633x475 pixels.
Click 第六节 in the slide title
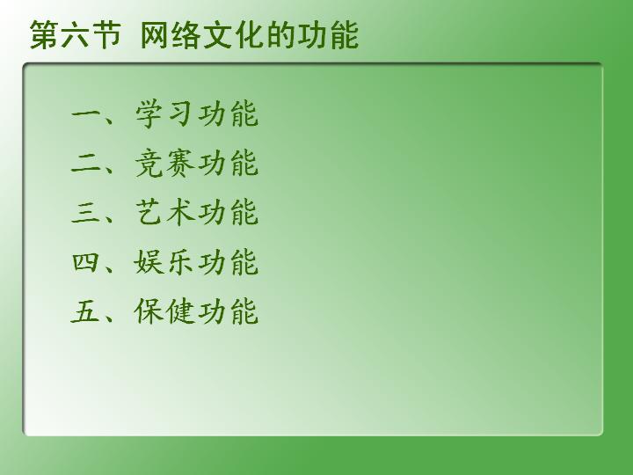[76, 35]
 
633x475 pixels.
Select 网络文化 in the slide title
[203, 35]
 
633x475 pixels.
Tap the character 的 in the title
[281, 35]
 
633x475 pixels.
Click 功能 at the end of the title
[328, 35]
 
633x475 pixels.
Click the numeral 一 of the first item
[85, 114]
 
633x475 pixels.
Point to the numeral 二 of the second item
[85, 164]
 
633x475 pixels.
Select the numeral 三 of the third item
[85, 213]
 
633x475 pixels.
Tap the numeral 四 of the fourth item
[85, 262]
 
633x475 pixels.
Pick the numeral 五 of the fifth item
[85, 311]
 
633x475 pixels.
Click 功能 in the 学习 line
[228, 113]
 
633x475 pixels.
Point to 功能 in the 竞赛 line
[228, 164]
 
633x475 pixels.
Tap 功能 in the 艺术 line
[228, 213]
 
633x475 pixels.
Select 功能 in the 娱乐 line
[228, 262]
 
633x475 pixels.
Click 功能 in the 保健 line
[228, 311]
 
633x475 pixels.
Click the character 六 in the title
[76, 35]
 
